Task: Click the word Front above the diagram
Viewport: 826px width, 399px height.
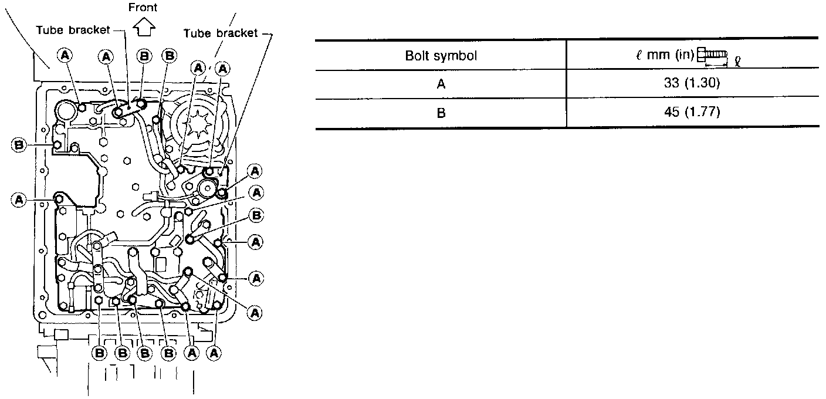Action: (143, 8)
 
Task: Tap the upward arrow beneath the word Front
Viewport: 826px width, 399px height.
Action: (143, 26)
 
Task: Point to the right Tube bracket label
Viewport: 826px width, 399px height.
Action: (221, 33)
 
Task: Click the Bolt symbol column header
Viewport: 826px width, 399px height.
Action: (441, 56)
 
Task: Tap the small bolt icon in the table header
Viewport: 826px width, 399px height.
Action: (712, 55)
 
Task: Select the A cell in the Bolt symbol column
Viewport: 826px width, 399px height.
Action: (441, 84)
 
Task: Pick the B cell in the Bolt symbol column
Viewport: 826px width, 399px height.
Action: (441, 112)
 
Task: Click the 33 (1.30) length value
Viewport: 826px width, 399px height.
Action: (692, 84)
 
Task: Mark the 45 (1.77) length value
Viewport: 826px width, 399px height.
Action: (692, 112)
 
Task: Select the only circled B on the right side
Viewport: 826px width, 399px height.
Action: (256, 215)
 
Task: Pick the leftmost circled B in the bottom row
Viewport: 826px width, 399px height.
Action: (99, 353)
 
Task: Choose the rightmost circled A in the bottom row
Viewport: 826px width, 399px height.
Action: (215, 353)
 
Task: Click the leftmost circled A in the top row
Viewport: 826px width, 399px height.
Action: (65, 55)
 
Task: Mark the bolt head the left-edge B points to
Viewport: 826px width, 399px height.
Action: (57, 144)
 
